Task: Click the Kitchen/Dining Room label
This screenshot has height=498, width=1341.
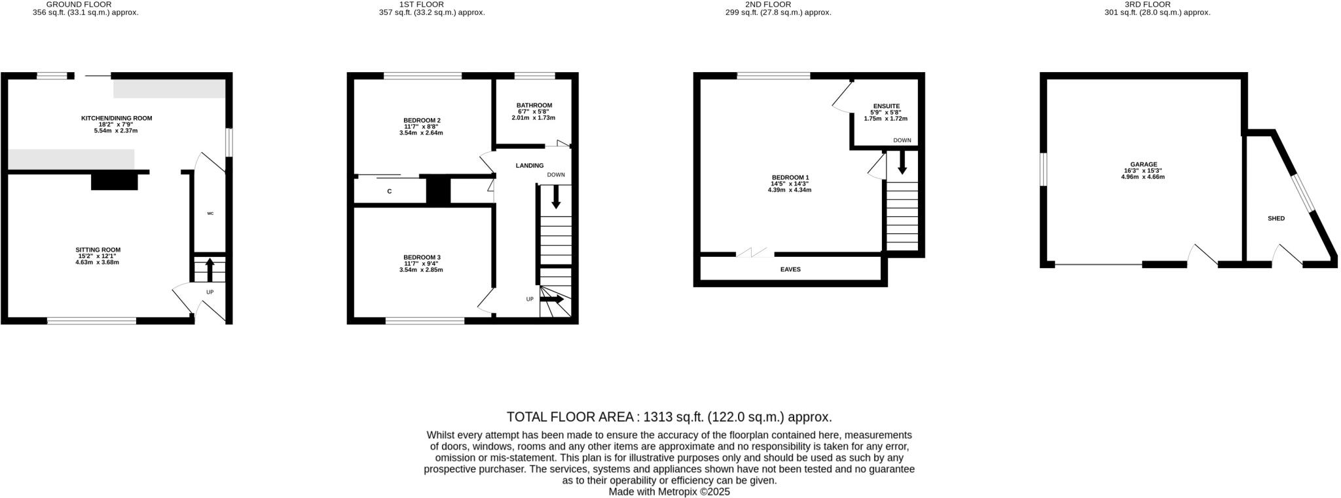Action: click(117, 118)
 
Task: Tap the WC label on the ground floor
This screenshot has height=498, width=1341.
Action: click(210, 213)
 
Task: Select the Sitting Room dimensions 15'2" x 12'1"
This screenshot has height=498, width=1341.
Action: click(98, 256)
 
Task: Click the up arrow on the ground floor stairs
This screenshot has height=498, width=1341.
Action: click(210, 269)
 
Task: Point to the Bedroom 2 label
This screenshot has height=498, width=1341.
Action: click(422, 120)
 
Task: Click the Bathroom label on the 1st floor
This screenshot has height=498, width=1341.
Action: click(534, 105)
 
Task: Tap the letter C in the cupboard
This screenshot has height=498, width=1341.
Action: click(390, 191)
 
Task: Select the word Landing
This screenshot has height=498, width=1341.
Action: click(529, 166)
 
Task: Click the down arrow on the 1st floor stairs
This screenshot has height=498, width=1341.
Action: click(556, 197)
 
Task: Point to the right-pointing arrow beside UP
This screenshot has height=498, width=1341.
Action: click(551, 299)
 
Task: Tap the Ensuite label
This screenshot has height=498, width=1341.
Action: click(886, 106)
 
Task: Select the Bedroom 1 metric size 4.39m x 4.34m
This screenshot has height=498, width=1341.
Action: click(790, 190)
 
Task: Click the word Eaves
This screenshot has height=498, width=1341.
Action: click(790, 269)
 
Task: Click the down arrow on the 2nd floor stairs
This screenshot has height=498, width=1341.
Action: click(902, 163)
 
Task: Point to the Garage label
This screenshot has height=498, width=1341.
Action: click(1143, 164)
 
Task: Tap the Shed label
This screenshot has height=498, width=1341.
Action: click(1276, 218)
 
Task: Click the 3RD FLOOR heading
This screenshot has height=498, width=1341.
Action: click(1156, 4)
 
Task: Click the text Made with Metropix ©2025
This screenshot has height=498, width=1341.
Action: click(669, 491)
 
